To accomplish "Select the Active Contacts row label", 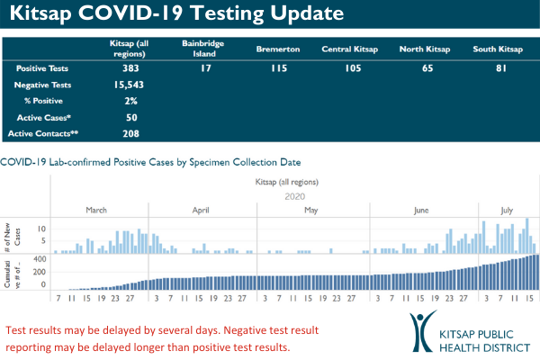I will point(39,133).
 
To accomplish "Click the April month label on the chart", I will point(202,210).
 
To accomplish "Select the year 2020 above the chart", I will point(295,195).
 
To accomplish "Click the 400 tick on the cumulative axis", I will point(39,259).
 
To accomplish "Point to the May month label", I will point(311,210).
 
